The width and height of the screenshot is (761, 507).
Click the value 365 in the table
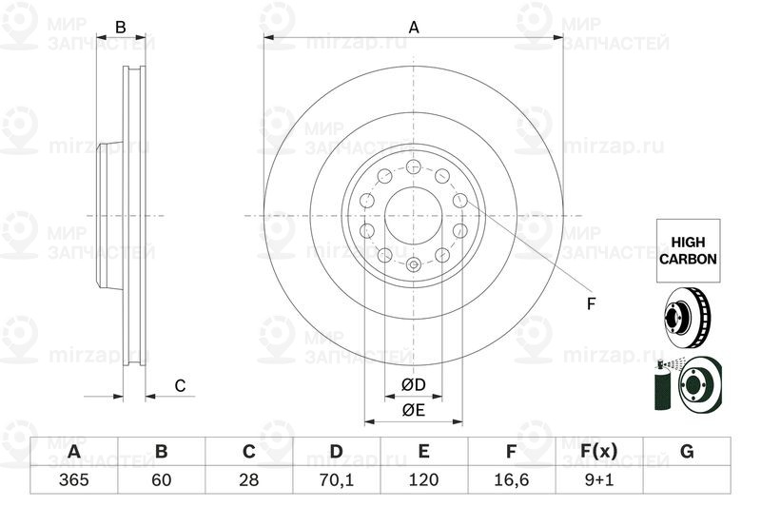click(73, 479)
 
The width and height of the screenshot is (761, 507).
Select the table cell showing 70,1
click(336, 479)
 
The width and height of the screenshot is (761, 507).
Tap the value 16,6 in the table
click(511, 479)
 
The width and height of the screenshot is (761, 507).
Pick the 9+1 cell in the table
click(599, 479)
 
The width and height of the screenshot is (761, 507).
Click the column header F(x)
click(599, 451)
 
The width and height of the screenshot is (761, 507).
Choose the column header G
click(687, 451)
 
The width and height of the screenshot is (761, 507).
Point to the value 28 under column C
click(248, 479)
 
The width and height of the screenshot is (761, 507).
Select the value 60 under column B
click(161, 479)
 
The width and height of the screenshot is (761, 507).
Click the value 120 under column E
click(423, 479)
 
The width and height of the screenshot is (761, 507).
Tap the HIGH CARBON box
click(687, 250)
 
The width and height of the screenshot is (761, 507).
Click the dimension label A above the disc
click(414, 28)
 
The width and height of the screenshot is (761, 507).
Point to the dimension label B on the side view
click(121, 28)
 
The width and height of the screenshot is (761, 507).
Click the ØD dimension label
click(413, 385)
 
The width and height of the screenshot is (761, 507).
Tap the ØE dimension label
click(413, 410)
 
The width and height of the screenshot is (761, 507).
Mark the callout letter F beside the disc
click(590, 304)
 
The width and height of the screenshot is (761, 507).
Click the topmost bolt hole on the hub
click(414, 167)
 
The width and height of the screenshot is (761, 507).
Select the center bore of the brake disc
click(414, 216)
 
